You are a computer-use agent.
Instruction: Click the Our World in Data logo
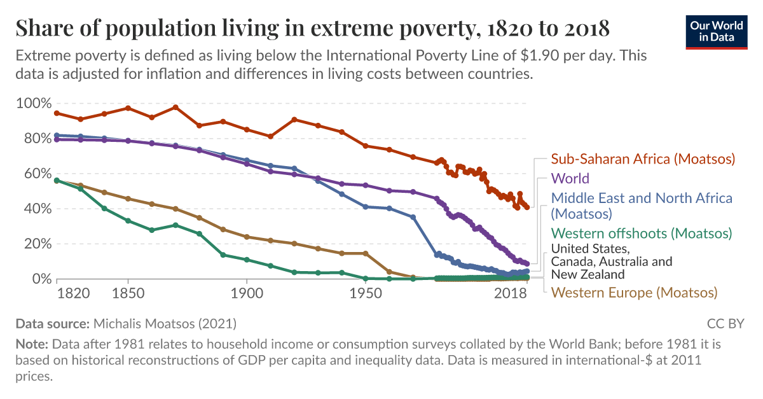point(717,30)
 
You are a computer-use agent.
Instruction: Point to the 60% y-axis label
point(34,174)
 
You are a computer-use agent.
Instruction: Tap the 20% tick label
point(34,244)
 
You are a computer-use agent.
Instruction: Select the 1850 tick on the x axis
point(128,293)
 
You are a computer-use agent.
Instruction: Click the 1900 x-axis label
point(246,293)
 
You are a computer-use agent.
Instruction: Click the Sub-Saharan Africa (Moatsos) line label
point(643,158)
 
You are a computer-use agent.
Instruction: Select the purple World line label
point(570,178)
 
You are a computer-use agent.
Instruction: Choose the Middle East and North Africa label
point(642,206)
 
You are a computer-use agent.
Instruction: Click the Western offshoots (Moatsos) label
point(641,234)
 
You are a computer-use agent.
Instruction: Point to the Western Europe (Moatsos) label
point(634,293)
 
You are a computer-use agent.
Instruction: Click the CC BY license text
point(725,324)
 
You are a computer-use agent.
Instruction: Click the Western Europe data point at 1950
point(365,253)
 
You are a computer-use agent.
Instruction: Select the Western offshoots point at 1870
point(175,225)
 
